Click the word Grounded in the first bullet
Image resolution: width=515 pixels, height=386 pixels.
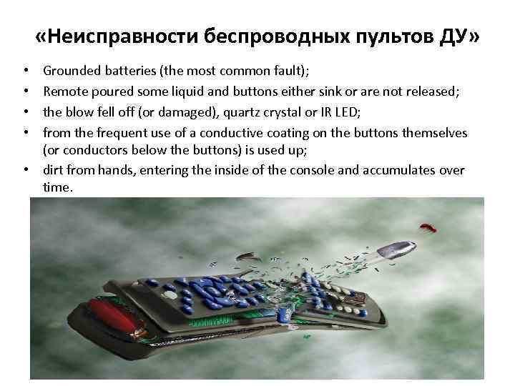(x=69, y=71)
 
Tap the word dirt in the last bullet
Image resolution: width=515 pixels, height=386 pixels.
(x=54, y=170)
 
